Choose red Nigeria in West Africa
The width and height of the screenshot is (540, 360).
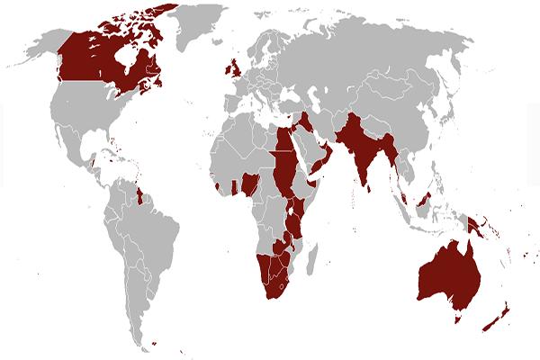point(255,183)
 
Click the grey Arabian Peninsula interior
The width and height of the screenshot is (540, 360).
point(315,148)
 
